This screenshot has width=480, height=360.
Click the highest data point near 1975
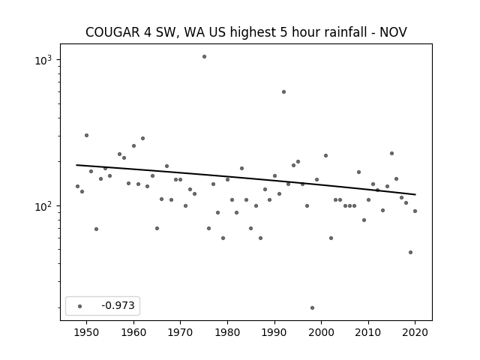click(204, 57)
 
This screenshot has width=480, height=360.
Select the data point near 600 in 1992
click(283, 91)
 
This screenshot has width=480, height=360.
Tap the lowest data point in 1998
click(312, 308)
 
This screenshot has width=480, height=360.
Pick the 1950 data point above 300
click(87, 135)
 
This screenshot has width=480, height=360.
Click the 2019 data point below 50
click(410, 253)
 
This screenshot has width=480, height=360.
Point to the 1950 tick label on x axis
click(87, 332)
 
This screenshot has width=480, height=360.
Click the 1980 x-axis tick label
click(227, 332)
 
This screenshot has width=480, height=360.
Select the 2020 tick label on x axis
click(415, 332)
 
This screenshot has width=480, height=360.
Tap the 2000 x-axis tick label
click(322, 332)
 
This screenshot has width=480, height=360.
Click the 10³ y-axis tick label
click(43, 60)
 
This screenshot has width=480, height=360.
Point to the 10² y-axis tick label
click(43, 206)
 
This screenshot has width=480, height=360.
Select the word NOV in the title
click(393, 32)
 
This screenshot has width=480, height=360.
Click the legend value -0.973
click(118, 305)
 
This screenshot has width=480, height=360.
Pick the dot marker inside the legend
click(80, 306)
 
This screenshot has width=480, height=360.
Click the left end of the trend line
click(76, 165)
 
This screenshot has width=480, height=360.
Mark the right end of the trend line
click(415, 194)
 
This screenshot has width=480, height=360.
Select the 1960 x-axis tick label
click(133, 332)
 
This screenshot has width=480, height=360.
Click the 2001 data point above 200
click(325, 155)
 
